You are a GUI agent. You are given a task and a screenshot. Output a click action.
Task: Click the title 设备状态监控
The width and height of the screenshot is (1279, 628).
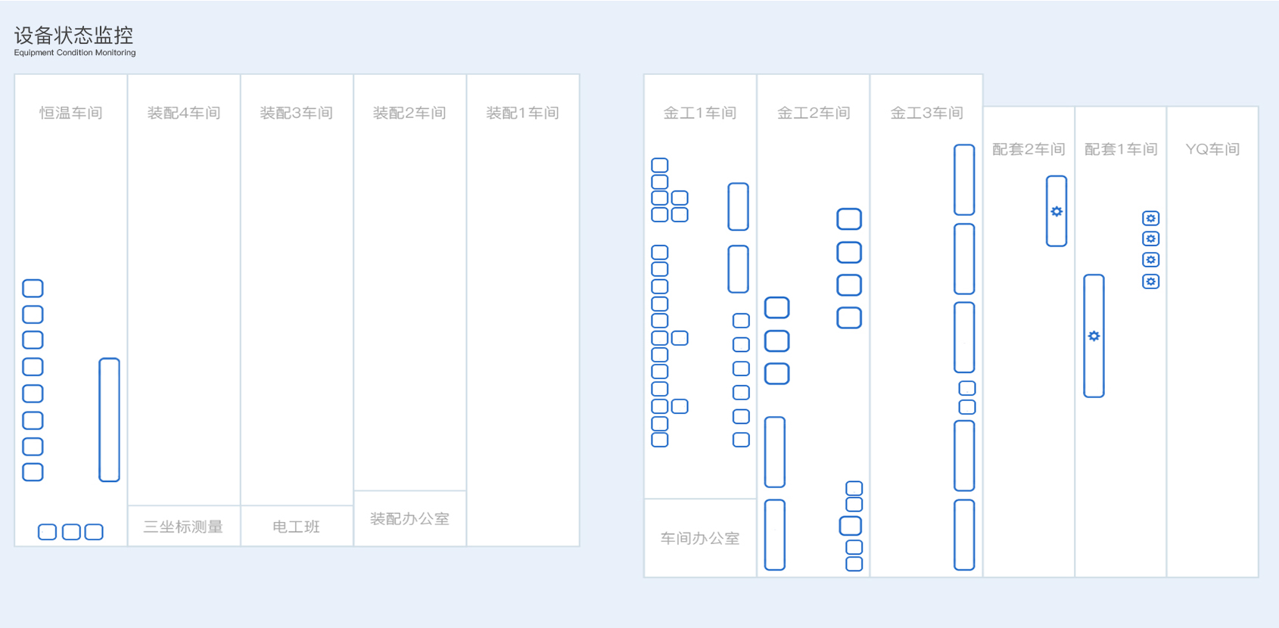click(73, 36)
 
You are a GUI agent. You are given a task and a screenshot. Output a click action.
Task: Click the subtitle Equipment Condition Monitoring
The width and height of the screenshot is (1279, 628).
click(75, 52)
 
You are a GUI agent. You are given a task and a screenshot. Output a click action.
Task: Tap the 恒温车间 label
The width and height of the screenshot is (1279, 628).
click(71, 113)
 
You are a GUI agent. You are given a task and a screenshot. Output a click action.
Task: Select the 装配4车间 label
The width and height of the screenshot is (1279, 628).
click(184, 113)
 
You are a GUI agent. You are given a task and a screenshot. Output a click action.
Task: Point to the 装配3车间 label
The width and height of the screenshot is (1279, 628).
click(297, 113)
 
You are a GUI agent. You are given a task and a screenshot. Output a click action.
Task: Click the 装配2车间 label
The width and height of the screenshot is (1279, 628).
click(409, 113)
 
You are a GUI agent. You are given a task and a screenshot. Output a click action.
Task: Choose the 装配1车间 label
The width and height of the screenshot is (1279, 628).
click(522, 113)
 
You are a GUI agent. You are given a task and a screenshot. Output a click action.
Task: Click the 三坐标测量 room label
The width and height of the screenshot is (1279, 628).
click(183, 527)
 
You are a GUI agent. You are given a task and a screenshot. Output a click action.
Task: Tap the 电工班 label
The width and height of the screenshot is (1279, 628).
click(297, 527)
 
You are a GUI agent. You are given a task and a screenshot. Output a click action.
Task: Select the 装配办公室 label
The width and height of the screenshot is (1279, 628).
click(409, 518)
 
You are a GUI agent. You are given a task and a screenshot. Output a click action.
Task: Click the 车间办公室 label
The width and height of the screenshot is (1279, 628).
click(700, 538)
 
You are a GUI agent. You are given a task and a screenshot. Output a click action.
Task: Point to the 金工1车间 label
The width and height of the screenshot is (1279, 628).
click(700, 113)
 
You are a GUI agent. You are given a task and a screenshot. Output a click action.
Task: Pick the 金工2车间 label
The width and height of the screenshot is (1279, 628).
click(814, 113)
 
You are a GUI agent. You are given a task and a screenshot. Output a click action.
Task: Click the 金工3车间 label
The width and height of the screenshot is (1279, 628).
click(926, 113)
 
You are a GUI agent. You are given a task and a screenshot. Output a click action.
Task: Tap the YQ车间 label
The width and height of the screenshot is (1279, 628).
click(1212, 149)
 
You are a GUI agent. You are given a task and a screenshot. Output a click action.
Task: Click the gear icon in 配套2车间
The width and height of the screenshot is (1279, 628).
click(1057, 212)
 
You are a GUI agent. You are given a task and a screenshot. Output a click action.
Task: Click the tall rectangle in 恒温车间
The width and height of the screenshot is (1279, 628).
click(109, 359)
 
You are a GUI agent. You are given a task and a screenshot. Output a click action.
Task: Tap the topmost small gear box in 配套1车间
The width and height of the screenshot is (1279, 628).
click(1150, 218)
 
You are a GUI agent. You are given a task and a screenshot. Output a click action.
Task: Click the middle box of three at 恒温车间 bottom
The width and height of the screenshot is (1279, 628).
click(71, 524)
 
